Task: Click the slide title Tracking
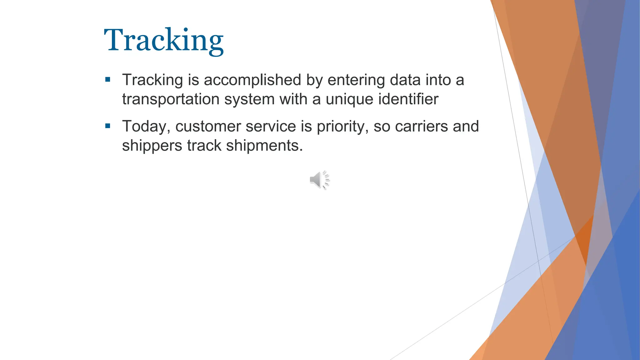[164, 40]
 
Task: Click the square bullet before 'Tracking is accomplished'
[108, 80]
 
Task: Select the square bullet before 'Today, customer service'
[108, 126]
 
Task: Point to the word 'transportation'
[171, 99]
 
